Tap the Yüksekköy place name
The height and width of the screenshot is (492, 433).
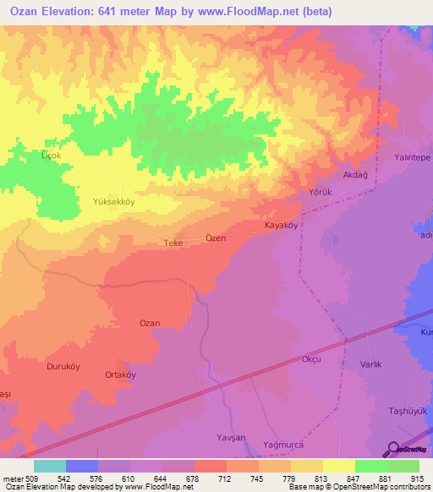point(113,203)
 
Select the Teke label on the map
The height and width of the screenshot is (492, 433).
point(173,243)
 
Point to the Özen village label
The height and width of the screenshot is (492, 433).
point(216,238)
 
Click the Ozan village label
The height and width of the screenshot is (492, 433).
point(149,323)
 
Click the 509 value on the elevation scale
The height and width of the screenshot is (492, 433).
point(25,477)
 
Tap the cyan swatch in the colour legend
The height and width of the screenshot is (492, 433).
point(50,466)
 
